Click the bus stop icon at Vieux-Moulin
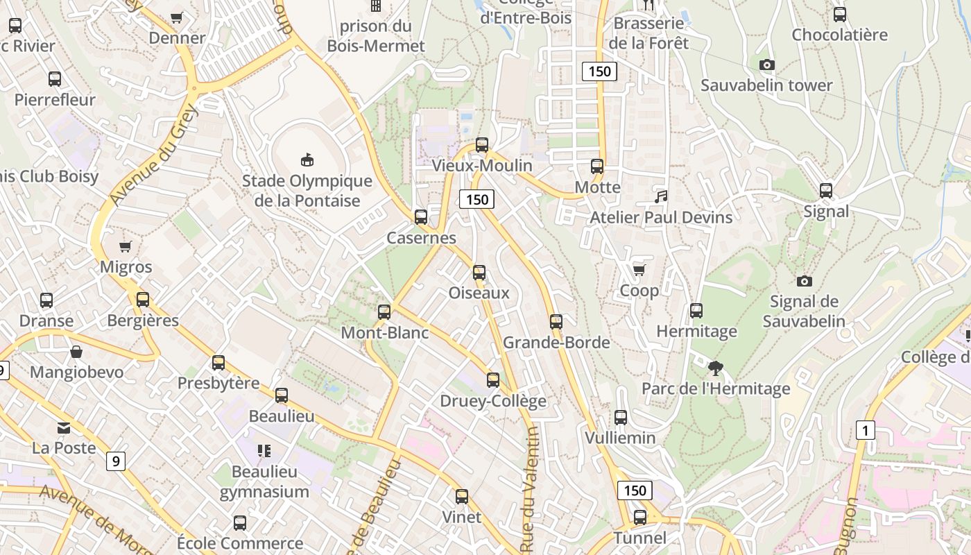[x=481, y=145]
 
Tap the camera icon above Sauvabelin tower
[x=766, y=65]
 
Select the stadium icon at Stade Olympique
[x=307, y=160]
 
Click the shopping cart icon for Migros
[x=126, y=246]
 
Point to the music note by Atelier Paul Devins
[x=661, y=196]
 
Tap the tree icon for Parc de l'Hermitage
[x=716, y=368]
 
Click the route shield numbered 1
[x=864, y=430]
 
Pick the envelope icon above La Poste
[x=64, y=427]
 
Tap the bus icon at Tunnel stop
[x=640, y=517]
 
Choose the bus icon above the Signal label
[x=825, y=190]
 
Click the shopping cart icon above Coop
[x=639, y=270]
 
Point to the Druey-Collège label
[x=493, y=401]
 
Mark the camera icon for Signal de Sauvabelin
[x=805, y=281]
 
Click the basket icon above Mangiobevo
[x=76, y=352]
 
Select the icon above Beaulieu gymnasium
[x=264, y=452]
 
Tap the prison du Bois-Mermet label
[x=375, y=36]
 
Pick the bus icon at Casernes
[x=420, y=216]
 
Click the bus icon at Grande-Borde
[x=556, y=321]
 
